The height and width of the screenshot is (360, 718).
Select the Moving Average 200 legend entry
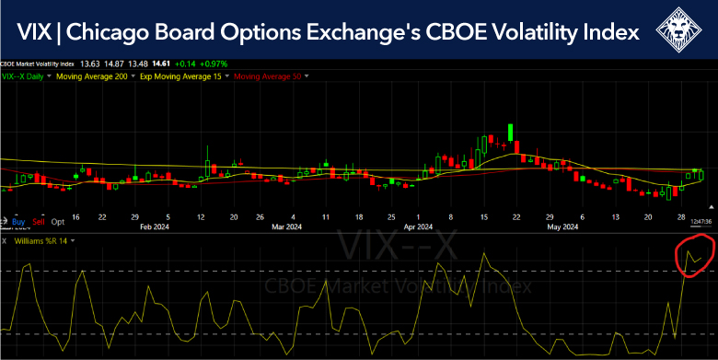[91, 76]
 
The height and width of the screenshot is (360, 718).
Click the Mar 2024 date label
[287, 226]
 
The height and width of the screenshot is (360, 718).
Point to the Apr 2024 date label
[419, 226]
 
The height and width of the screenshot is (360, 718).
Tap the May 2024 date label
[562, 226]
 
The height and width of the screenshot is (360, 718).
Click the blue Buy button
[17, 222]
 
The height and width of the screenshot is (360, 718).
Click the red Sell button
[38, 222]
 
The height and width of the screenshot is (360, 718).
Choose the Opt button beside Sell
[58, 222]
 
